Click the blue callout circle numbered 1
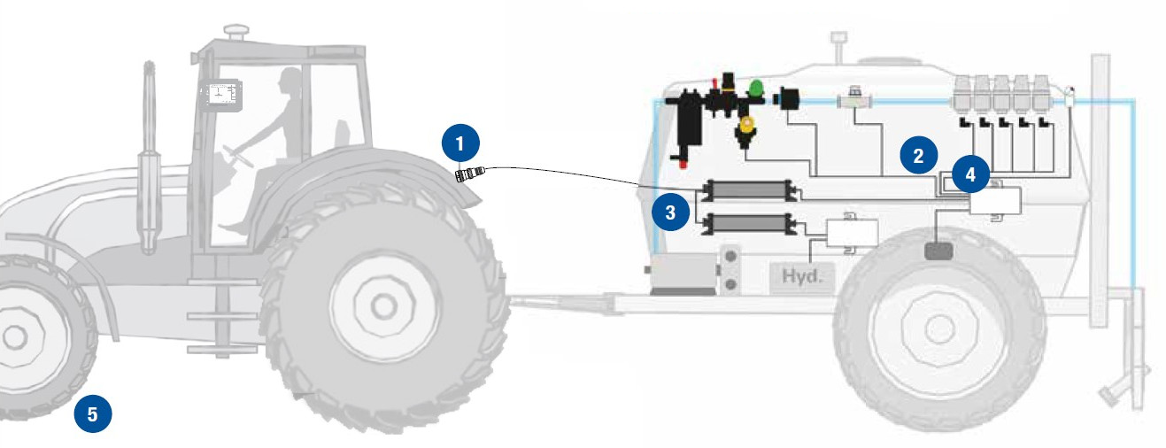click(460, 142)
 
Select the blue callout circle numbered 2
click(919, 155)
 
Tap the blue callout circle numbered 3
click(670, 212)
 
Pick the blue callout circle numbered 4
click(971, 174)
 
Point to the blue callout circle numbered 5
click(93, 413)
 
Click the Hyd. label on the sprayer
click(802, 275)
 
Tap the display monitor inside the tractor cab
click(222, 97)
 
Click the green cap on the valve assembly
click(757, 87)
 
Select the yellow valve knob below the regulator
click(747, 125)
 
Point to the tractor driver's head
click(290, 80)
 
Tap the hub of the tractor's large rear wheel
click(384, 307)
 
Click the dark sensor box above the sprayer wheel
click(938, 251)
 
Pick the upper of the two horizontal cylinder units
click(747, 191)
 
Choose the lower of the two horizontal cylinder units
click(747, 224)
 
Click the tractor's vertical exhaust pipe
click(149, 156)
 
